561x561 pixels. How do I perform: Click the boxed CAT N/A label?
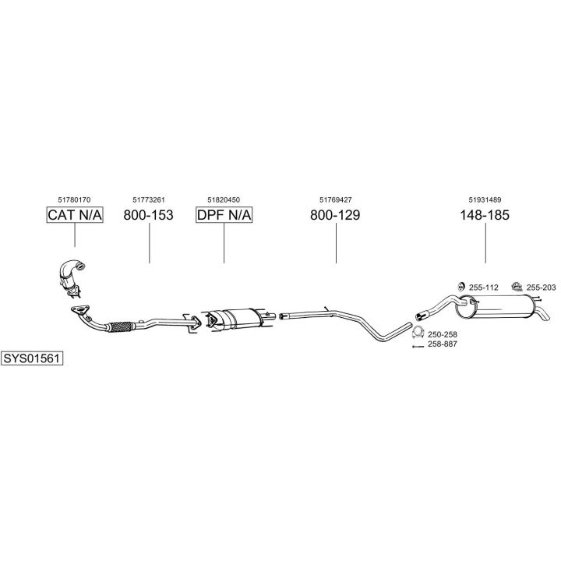[x=75, y=215]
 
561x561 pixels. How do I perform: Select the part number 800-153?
[x=148, y=215]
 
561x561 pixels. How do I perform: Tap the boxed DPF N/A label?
[x=224, y=215]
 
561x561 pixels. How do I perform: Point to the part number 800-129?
[x=335, y=215]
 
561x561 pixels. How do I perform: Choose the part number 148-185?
[x=485, y=215]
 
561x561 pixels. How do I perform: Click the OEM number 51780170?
[x=75, y=199]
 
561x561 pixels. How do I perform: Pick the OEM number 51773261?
[x=148, y=199]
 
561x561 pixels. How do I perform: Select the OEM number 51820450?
[x=224, y=199]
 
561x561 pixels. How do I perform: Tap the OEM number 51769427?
[x=335, y=199]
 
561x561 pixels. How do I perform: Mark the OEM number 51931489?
[x=485, y=199]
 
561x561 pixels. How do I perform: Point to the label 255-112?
[x=483, y=288]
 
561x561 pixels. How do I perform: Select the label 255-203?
[x=541, y=288]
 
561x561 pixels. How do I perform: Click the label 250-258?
[x=443, y=334]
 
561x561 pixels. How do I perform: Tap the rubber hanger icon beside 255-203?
[x=515, y=287]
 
